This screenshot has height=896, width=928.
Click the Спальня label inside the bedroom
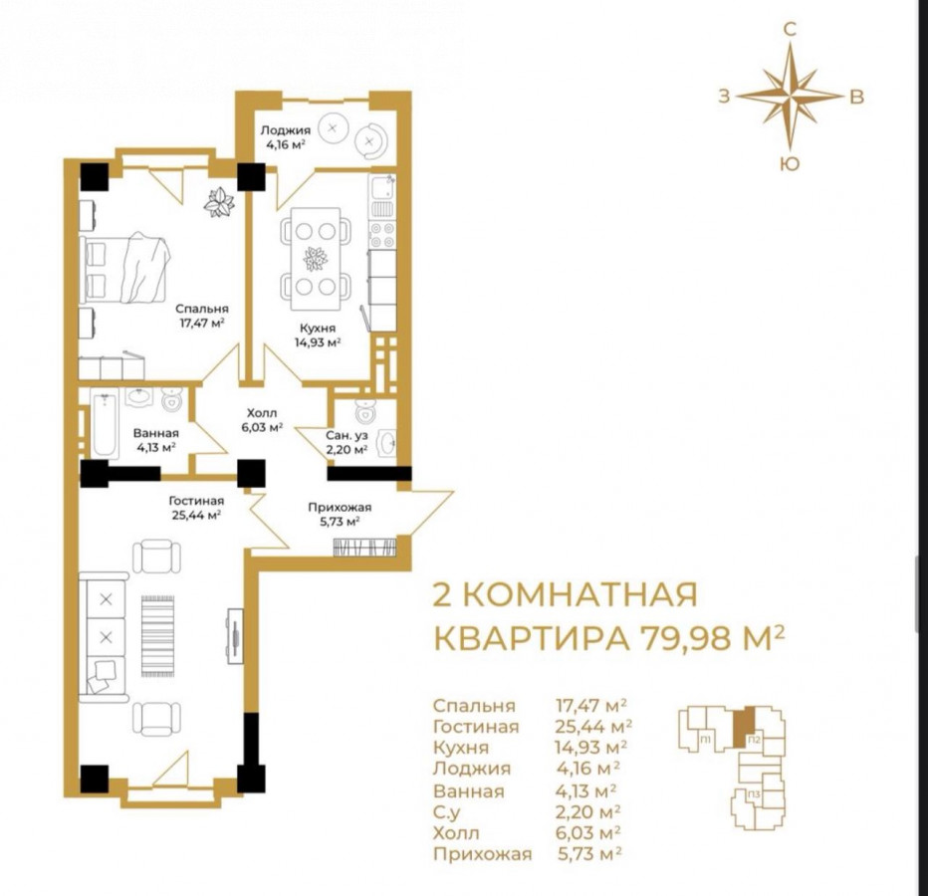coord(201,309)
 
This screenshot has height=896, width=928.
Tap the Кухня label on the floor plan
coord(318,328)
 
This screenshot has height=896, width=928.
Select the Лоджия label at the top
coord(285,130)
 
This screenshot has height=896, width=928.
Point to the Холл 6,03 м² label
coord(261,420)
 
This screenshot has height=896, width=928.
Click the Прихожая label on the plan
coord(340,507)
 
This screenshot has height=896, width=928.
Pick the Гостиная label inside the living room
coord(196,502)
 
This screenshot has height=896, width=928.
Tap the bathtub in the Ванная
coord(106,423)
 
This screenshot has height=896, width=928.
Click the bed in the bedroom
coord(124,268)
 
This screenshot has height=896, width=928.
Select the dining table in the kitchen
coord(316,259)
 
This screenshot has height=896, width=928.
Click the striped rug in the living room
coord(158,637)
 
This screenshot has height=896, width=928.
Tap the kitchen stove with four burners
coord(381,234)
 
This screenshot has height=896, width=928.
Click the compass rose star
coord(790,96)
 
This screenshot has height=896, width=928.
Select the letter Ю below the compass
coord(789,164)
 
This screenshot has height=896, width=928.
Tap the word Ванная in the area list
coord(469,791)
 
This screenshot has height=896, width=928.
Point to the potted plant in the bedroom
coord(219,202)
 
